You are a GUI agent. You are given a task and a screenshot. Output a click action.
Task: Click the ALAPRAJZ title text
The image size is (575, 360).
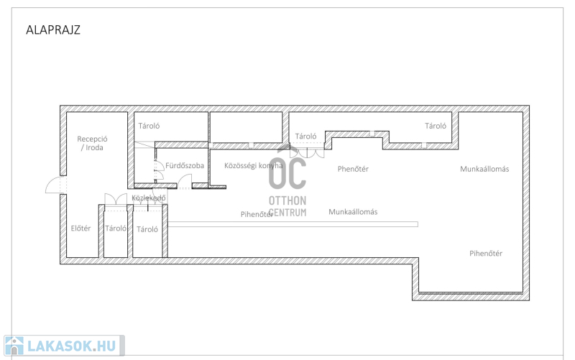coord(53,29)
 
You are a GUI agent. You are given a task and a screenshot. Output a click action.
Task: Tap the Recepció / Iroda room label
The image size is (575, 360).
coord(92,143)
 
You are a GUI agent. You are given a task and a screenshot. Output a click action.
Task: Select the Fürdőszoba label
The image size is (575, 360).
coord(185,165)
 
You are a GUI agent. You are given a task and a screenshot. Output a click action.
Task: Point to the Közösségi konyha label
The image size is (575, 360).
coord(254,166)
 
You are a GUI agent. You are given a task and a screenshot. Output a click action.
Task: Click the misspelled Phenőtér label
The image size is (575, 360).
coord(353,169)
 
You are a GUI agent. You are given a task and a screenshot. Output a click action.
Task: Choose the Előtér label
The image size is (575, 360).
coord(80,229)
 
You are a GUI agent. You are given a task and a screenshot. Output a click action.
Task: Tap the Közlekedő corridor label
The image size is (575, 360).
coord(149,198)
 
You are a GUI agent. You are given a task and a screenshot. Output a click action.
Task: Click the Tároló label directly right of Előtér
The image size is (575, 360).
coord(116,229)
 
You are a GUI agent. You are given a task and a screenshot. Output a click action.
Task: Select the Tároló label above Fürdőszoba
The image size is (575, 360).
coord(149,126)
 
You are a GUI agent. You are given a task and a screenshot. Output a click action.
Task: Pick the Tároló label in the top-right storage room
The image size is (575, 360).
coord(436,126)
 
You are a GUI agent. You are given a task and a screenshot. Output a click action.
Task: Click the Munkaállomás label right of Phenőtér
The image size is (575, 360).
coord(484,169)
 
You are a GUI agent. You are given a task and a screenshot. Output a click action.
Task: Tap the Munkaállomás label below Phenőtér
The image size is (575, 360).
coord(353,212)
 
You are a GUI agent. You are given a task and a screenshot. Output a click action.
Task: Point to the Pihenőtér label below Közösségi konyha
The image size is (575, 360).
coord(257,214)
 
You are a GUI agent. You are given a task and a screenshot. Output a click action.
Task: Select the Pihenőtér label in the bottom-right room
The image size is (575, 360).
coord(486,254)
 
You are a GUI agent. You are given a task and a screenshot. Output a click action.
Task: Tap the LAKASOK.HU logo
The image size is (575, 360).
coord(64,346)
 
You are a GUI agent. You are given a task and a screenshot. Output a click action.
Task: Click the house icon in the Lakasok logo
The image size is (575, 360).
coord(14,346)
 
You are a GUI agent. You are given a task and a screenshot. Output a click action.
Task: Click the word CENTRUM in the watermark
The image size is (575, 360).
coord(287,212)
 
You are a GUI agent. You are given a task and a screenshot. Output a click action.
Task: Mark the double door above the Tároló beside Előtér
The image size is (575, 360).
coord(116,200)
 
